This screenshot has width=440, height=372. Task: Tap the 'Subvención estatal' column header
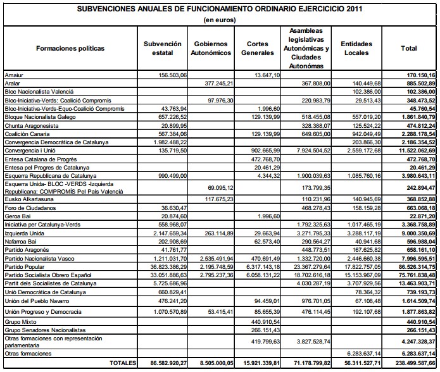(x=158, y=49)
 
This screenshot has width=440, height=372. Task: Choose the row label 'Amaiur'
(x=13, y=75)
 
